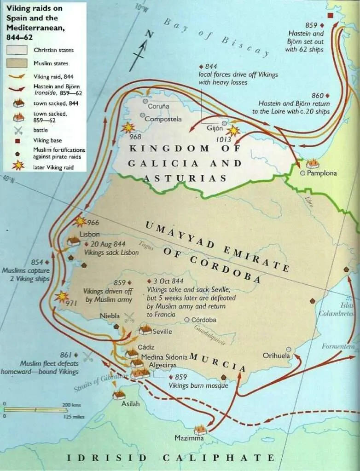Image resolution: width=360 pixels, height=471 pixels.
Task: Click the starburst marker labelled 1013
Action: pyautogui.click(x=233, y=131)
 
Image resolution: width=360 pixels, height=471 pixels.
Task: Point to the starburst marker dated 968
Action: pyautogui.click(x=128, y=127)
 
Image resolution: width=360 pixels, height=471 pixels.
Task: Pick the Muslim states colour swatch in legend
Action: pyautogui.click(x=18, y=63)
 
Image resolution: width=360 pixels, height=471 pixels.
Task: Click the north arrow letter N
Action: pyautogui.click(x=148, y=34)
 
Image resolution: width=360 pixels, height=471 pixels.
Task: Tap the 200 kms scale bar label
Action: pyautogui.click(x=71, y=405)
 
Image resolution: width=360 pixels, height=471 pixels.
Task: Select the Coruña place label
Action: pyautogui.click(x=158, y=106)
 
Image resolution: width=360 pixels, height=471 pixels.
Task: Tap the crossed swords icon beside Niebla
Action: pyautogui.click(x=130, y=317)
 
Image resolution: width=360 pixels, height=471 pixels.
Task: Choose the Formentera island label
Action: pyautogui.click(x=338, y=346)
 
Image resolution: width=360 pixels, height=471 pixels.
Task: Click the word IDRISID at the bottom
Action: pyautogui.click(x=107, y=458)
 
